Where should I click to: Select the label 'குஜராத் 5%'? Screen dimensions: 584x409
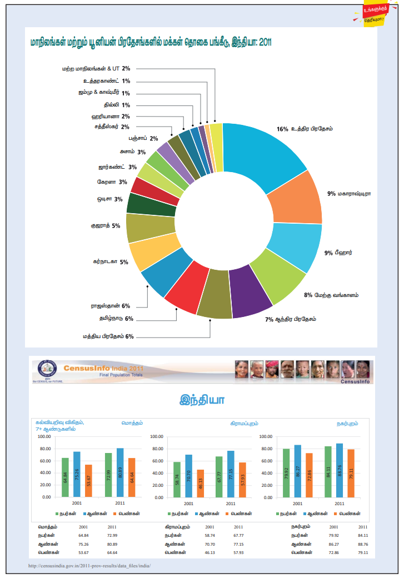pyautogui.click(x=106, y=226)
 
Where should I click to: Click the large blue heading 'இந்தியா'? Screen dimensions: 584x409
pyautogui.click(x=202, y=400)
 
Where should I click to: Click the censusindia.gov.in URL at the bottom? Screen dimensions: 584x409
pyautogui.click(x=89, y=566)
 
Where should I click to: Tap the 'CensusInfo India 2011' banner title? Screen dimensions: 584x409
pyautogui.click(x=104, y=368)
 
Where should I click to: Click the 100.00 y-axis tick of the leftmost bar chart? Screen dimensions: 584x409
pyautogui.click(x=44, y=436)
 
